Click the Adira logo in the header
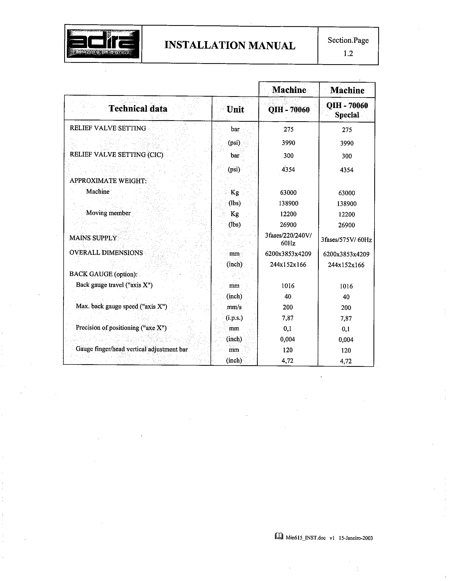[x=103, y=44]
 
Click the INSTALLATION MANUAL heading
[x=230, y=45]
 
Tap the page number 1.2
[x=348, y=53]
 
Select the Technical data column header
[x=138, y=109]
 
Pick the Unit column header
[x=235, y=109]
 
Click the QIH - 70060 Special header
[x=347, y=110]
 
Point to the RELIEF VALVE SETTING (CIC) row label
[x=116, y=154]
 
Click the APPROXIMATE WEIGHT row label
[x=108, y=181]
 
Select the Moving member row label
[x=108, y=213]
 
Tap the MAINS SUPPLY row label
[x=93, y=238]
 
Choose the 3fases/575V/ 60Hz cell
[x=346, y=240]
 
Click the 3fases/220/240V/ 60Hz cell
[x=288, y=239]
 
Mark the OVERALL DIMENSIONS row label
[x=106, y=252]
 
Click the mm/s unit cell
[x=234, y=307]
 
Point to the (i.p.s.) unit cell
[x=234, y=318]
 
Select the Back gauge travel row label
[x=114, y=285]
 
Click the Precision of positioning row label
[x=121, y=327]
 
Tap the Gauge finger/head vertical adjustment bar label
[x=132, y=349]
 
